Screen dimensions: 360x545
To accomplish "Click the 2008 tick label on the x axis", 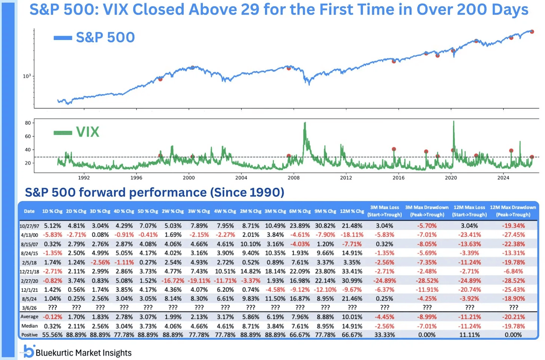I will pos(293,178).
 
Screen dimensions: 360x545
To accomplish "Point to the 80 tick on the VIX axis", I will pos(28,123).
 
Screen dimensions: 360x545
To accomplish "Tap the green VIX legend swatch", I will pos(63,132).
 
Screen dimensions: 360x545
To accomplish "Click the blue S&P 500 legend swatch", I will pos(63,37).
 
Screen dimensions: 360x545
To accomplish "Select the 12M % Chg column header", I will pos(351,211).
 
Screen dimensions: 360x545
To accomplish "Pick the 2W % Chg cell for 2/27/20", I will pos(173,281).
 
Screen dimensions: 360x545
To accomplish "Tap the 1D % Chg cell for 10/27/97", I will pos(52,226).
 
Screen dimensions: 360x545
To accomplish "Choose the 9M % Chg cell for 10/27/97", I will pos(325,226).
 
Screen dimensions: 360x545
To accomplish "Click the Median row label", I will pos(29,326).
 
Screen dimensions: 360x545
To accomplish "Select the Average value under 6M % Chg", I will pos(299,317).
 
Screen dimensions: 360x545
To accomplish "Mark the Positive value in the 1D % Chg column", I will pos(52,335).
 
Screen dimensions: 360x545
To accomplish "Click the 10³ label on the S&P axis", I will pos(27,76).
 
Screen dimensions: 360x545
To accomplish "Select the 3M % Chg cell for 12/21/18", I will pos(275,271).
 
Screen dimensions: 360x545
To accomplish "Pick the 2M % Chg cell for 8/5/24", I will pos(250,299).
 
